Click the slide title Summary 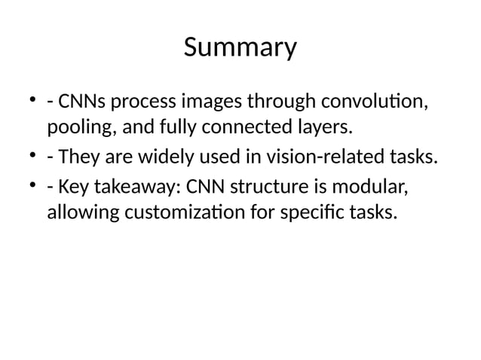(x=240, y=49)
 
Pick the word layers (x=326, y=126)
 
